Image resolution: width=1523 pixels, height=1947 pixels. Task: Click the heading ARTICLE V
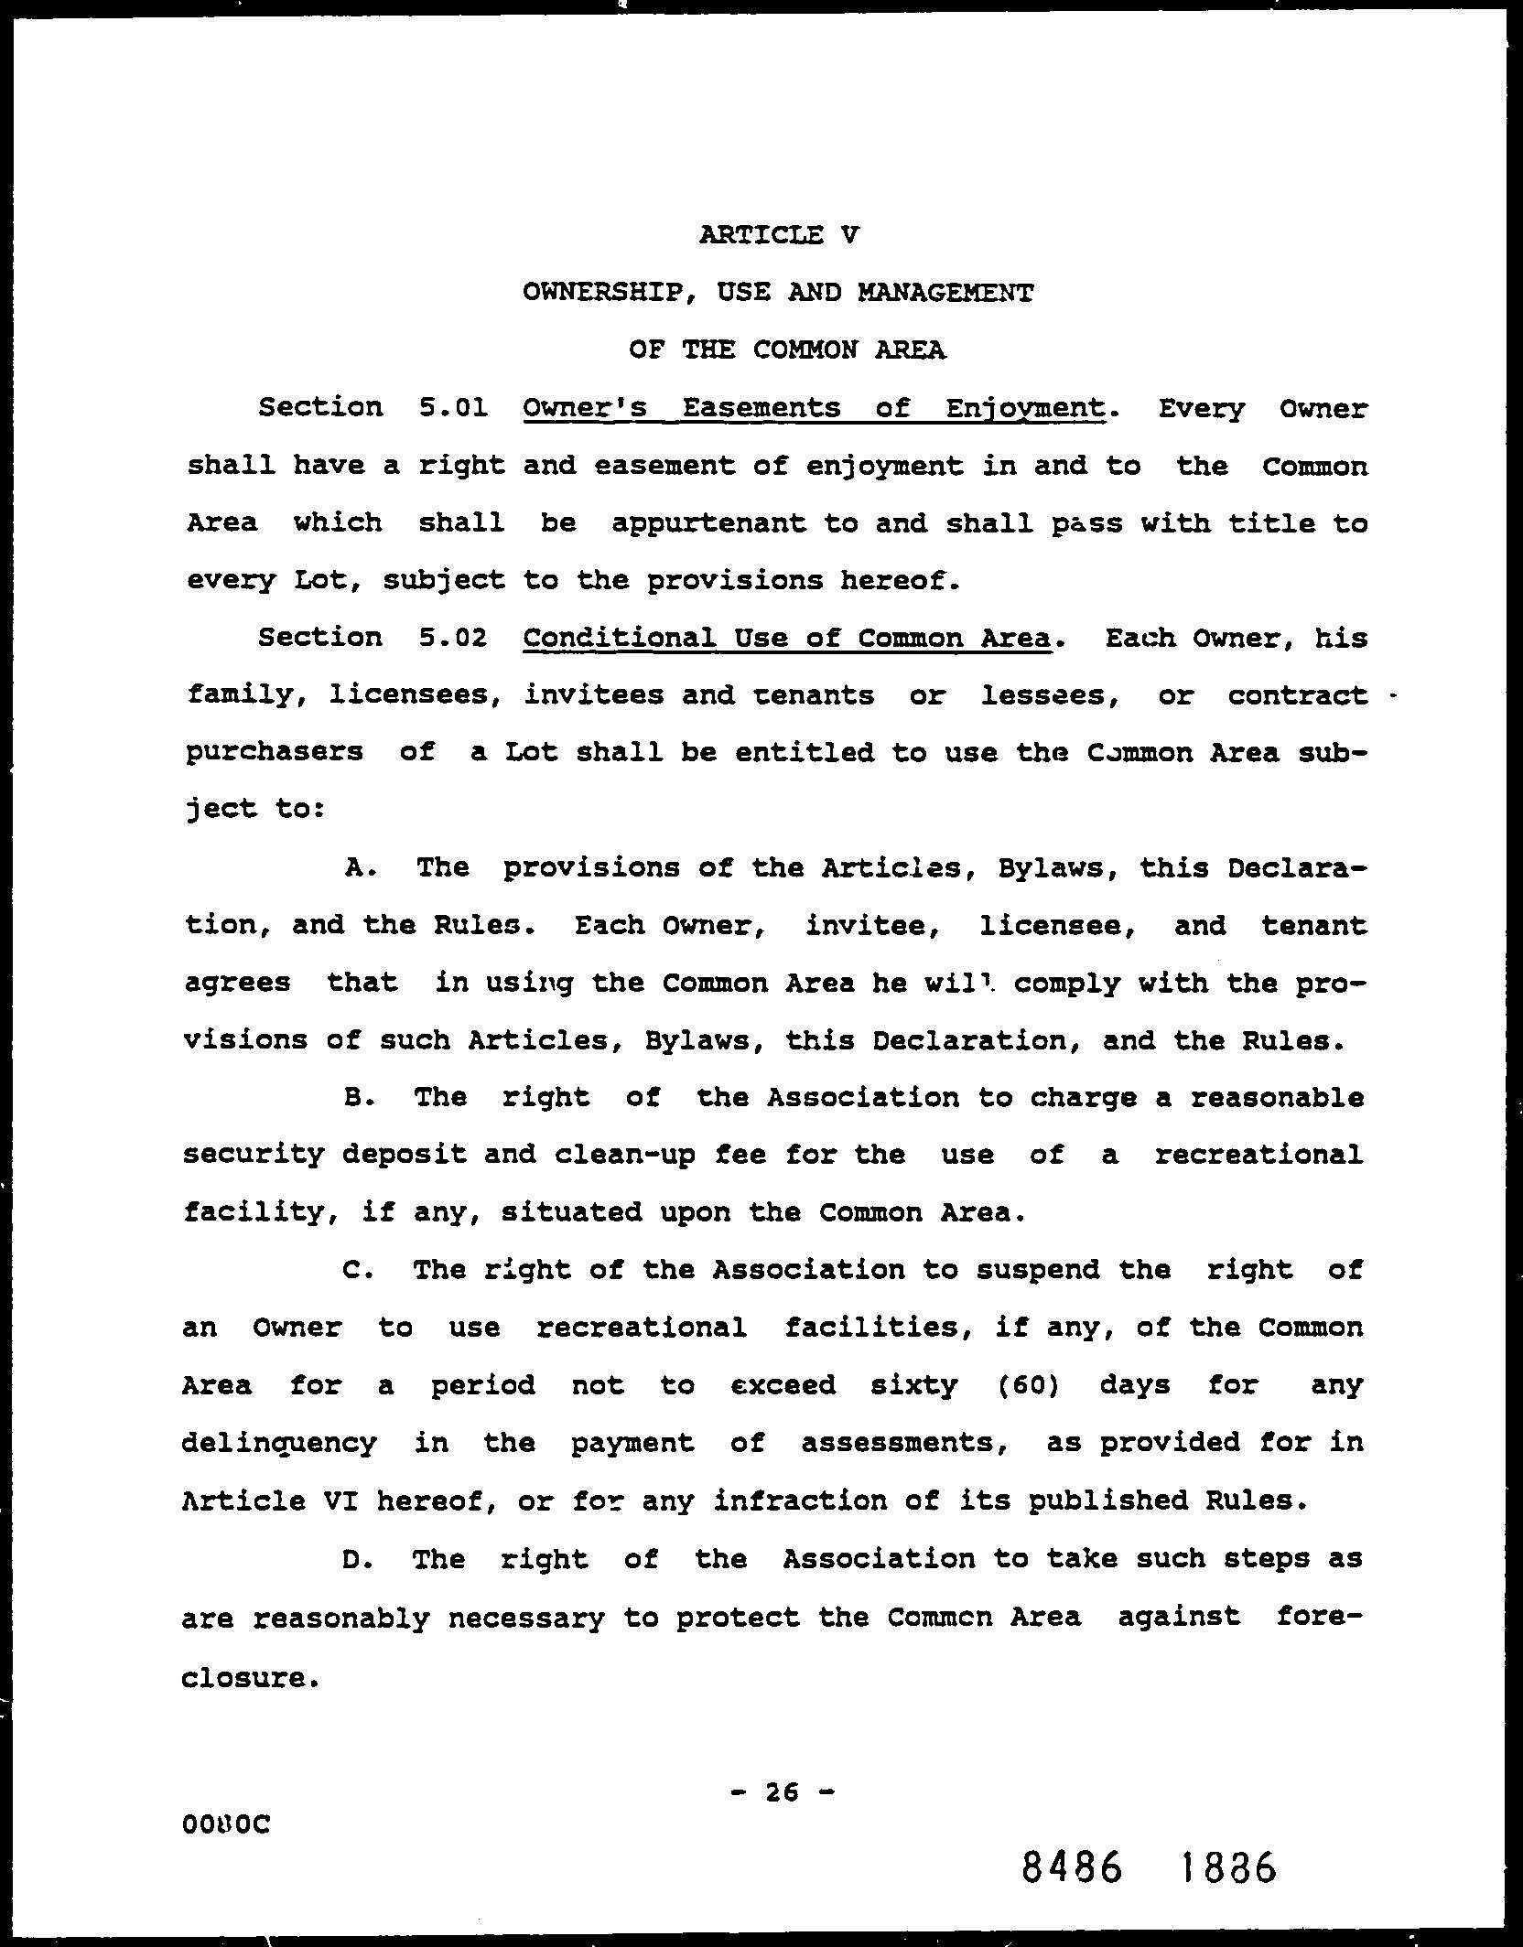[x=779, y=235]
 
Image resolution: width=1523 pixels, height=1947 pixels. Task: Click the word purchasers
[x=275, y=753]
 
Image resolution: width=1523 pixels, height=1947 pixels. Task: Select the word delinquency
[x=279, y=1444]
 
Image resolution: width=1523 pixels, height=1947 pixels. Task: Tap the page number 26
[x=783, y=1792]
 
